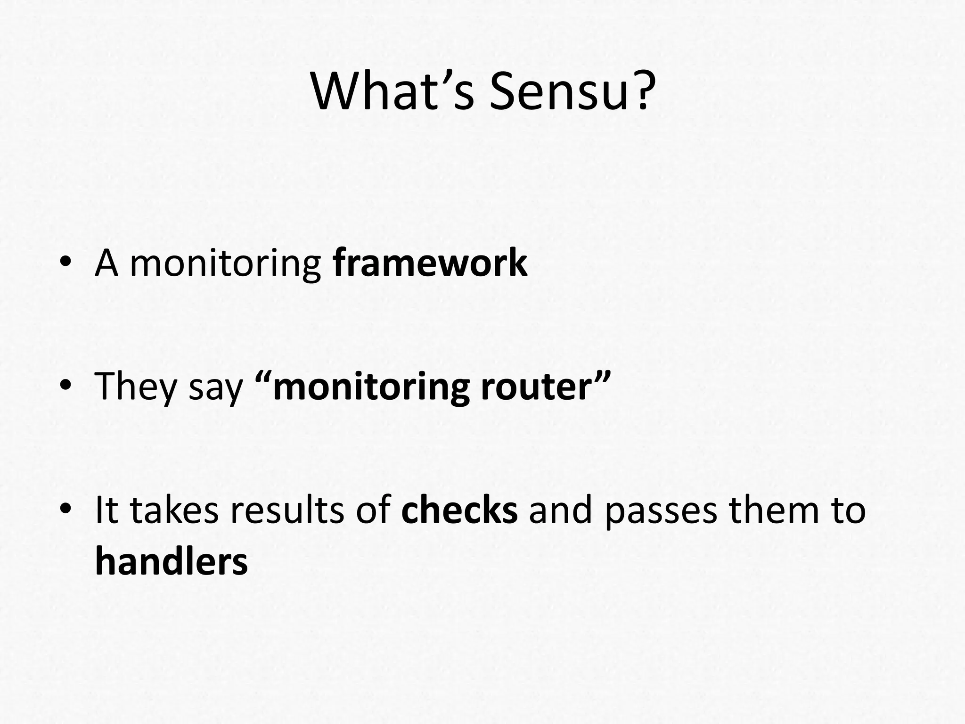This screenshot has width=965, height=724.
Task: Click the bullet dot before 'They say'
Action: [65, 386]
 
